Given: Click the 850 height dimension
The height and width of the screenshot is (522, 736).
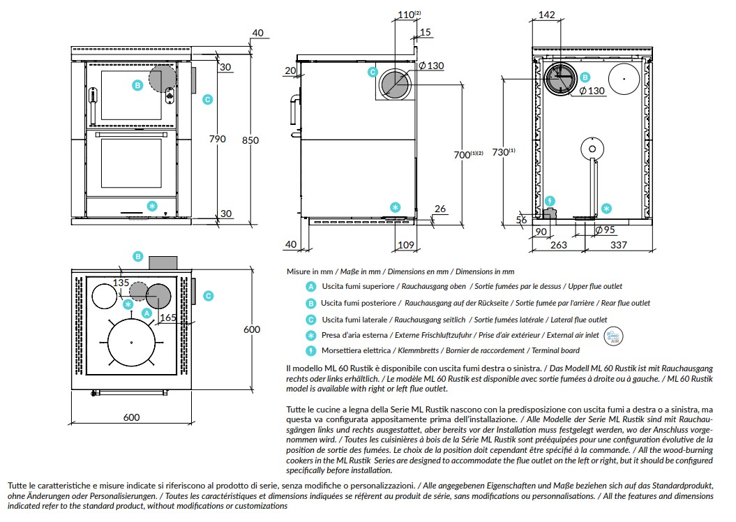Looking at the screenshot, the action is pos(250,140).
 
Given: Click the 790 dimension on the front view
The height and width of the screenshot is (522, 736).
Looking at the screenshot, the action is pos(218,139).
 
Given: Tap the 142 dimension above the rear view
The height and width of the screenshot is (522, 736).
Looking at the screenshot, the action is pos(546,15).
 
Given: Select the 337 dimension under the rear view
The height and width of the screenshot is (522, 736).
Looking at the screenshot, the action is pos(619,245).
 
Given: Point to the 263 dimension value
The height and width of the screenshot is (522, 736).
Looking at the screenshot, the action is pos(559,245).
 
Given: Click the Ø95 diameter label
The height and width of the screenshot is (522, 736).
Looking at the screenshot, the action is pos(605,230).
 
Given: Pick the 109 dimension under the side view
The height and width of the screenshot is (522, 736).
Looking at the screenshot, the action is pos(406,245).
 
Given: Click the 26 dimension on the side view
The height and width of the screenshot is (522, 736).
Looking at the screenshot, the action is pos(440,209).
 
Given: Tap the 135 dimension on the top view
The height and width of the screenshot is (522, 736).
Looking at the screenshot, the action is pos(121,283).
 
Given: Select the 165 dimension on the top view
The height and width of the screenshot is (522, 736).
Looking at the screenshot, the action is pos(168,318).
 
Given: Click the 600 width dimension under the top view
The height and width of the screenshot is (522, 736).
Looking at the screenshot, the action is pos(131,417).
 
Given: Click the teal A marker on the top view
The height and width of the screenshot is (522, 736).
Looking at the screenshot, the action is pos(147,313).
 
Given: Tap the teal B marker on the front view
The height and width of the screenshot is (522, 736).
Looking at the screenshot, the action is pos(137,85).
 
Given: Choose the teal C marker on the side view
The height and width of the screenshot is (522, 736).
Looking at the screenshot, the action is pos(373,72).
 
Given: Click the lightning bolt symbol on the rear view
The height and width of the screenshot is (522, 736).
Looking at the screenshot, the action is pos(550,202).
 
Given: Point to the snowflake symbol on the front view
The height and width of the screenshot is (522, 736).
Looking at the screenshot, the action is pos(151,206).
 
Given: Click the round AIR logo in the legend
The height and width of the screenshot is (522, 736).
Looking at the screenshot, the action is pos(613,336).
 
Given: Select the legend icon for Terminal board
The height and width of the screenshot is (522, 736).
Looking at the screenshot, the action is pos(310,350).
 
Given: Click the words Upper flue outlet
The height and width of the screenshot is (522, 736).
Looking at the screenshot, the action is pos(595,286).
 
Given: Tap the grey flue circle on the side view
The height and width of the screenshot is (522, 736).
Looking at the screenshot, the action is pos(396,85).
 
